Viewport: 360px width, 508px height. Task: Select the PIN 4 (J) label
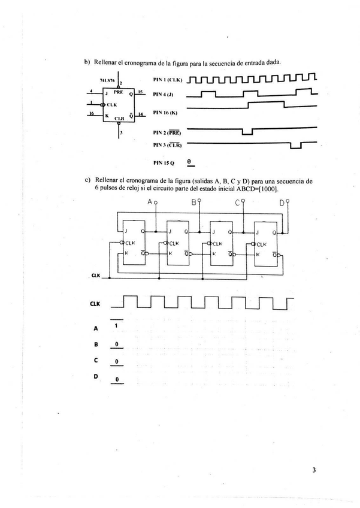point(162,94)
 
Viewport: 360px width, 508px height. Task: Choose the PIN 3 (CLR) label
point(167,145)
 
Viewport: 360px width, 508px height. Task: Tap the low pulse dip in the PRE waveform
point(246,131)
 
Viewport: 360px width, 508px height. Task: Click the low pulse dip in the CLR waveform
point(295,146)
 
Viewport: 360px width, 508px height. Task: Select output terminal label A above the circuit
point(150,202)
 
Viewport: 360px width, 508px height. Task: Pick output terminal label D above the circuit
point(282,202)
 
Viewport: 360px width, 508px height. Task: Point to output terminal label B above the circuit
point(193,202)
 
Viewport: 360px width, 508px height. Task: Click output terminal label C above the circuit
point(238,202)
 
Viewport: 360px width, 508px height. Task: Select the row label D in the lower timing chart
point(95,376)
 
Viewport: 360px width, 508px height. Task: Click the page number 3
point(314,470)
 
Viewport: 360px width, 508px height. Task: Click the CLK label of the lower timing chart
point(95,304)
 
